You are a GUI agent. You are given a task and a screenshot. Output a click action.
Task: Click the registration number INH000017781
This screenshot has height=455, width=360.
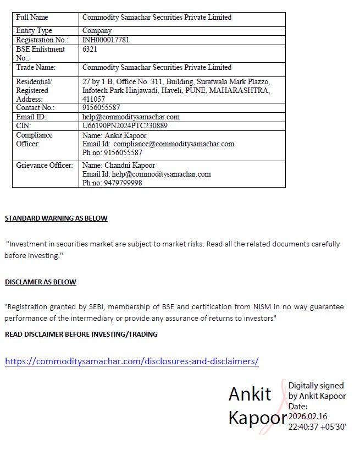tap(106, 40)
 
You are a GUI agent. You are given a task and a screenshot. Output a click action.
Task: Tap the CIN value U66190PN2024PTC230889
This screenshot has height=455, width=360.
tap(125, 125)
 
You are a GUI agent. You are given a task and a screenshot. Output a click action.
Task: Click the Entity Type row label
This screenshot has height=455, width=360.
tap(34, 31)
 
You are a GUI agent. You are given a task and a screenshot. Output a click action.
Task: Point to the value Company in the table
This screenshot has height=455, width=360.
tap(97, 31)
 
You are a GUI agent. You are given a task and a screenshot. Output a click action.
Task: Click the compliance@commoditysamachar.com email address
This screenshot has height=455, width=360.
tap(174, 144)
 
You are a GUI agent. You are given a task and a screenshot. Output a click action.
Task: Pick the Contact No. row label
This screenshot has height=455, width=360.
tap(35, 108)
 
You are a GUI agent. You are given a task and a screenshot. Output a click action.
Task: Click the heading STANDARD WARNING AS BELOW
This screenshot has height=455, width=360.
tap(56, 218)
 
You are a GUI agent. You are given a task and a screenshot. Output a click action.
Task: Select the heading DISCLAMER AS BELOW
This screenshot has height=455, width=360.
tap(41, 282)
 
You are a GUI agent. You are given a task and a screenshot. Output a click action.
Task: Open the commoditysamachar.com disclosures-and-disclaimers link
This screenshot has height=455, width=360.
tap(131, 361)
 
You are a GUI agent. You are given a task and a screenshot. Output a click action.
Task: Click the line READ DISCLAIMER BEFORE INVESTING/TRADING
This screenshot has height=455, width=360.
tap(81, 335)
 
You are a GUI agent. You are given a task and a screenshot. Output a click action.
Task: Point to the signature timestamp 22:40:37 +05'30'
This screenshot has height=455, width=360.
tap(317, 426)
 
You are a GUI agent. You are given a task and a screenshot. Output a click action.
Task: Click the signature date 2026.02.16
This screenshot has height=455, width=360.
tap(307, 416)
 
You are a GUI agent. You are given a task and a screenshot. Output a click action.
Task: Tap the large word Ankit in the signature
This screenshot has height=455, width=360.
tap(250, 394)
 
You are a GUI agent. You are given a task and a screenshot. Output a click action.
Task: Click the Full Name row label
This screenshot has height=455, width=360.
tap(32, 18)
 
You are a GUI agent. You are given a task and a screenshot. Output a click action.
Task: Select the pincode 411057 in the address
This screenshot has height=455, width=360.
tap(93, 99)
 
